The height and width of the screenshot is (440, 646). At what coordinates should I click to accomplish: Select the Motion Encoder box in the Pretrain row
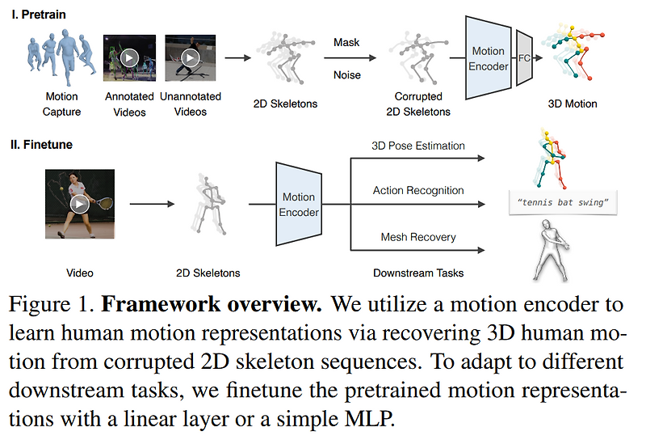489,59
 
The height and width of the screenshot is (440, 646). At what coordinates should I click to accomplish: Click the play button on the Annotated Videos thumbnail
128,58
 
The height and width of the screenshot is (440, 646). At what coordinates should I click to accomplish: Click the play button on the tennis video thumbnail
78,203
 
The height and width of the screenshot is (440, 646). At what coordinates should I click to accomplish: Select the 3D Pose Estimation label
417,146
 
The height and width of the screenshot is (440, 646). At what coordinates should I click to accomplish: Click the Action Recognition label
417,191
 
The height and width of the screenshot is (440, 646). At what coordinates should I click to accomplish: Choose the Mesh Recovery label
417,237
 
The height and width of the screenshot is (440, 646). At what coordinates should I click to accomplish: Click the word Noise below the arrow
347,74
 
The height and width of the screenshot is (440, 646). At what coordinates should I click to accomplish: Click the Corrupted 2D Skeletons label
418,104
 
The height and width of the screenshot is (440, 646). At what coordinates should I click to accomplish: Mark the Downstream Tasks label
418,273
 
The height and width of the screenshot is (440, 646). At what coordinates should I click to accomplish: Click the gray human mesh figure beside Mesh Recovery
556,251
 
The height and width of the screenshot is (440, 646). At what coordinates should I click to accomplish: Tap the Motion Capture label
61,104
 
